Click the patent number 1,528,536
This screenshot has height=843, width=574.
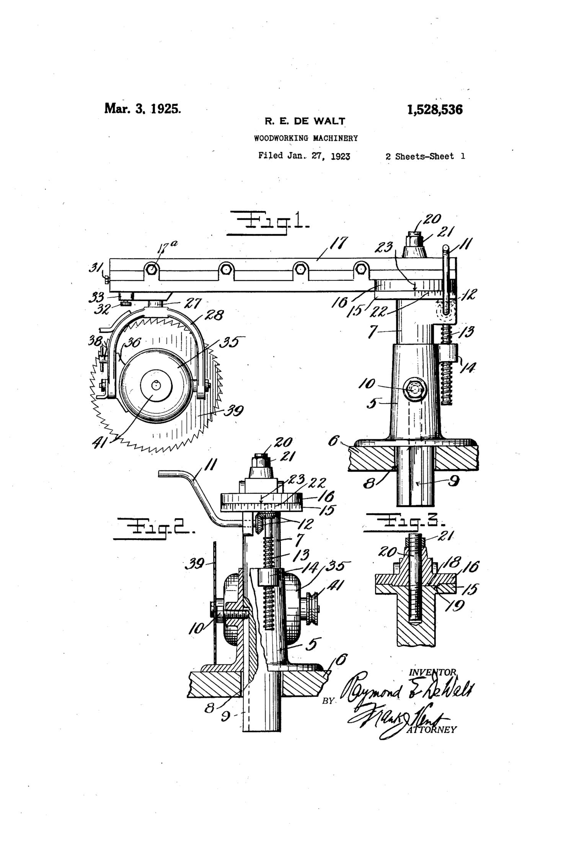click(x=435, y=110)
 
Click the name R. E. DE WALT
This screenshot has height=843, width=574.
click(x=305, y=122)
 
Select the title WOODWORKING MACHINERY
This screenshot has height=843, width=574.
click(x=306, y=138)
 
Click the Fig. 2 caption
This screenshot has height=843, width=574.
click(x=155, y=529)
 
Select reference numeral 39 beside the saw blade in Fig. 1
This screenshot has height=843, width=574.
click(x=233, y=411)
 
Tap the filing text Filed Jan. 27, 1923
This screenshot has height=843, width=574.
click(x=304, y=156)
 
